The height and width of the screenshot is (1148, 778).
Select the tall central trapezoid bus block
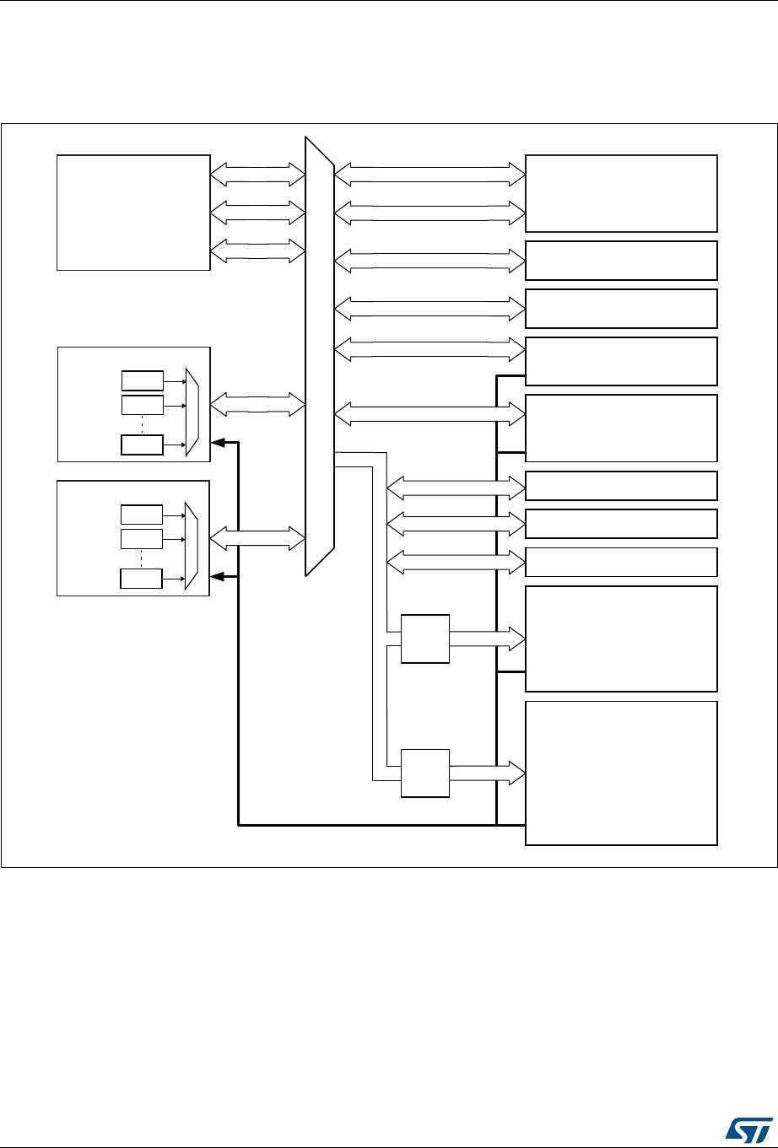pyautogui.click(x=320, y=354)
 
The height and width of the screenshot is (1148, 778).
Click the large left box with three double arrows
pyautogui.click(x=132, y=212)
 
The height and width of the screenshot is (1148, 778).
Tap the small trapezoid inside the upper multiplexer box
pyautogui.click(x=192, y=412)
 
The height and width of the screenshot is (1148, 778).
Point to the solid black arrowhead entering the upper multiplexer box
pyautogui.click(x=217, y=441)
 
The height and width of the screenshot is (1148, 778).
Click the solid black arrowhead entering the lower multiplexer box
pyautogui.click(x=217, y=576)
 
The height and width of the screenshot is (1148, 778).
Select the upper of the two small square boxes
pyautogui.click(x=425, y=639)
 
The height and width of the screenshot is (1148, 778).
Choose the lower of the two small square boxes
pyautogui.click(x=425, y=772)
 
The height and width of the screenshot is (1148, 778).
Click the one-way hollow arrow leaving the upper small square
pyautogui.click(x=487, y=639)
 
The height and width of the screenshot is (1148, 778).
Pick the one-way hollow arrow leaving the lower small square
pyautogui.click(x=487, y=772)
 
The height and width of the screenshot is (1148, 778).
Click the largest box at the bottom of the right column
pyautogui.click(x=621, y=772)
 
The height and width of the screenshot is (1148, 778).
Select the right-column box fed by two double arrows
pyautogui.click(x=621, y=193)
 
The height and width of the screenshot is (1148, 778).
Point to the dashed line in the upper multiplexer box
pyautogui.click(x=142, y=425)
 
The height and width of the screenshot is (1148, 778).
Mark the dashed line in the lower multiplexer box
pyautogui.click(x=142, y=560)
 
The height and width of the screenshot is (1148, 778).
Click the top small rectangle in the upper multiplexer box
pyautogui.click(x=142, y=380)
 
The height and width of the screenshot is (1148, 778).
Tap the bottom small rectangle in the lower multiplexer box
pyautogui.click(x=142, y=579)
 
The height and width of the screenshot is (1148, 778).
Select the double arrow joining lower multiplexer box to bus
pyautogui.click(x=256, y=537)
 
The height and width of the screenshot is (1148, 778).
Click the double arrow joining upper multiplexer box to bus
pyautogui.click(x=256, y=404)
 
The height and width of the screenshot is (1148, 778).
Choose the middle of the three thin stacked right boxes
pyautogui.click(x=621, y=523)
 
